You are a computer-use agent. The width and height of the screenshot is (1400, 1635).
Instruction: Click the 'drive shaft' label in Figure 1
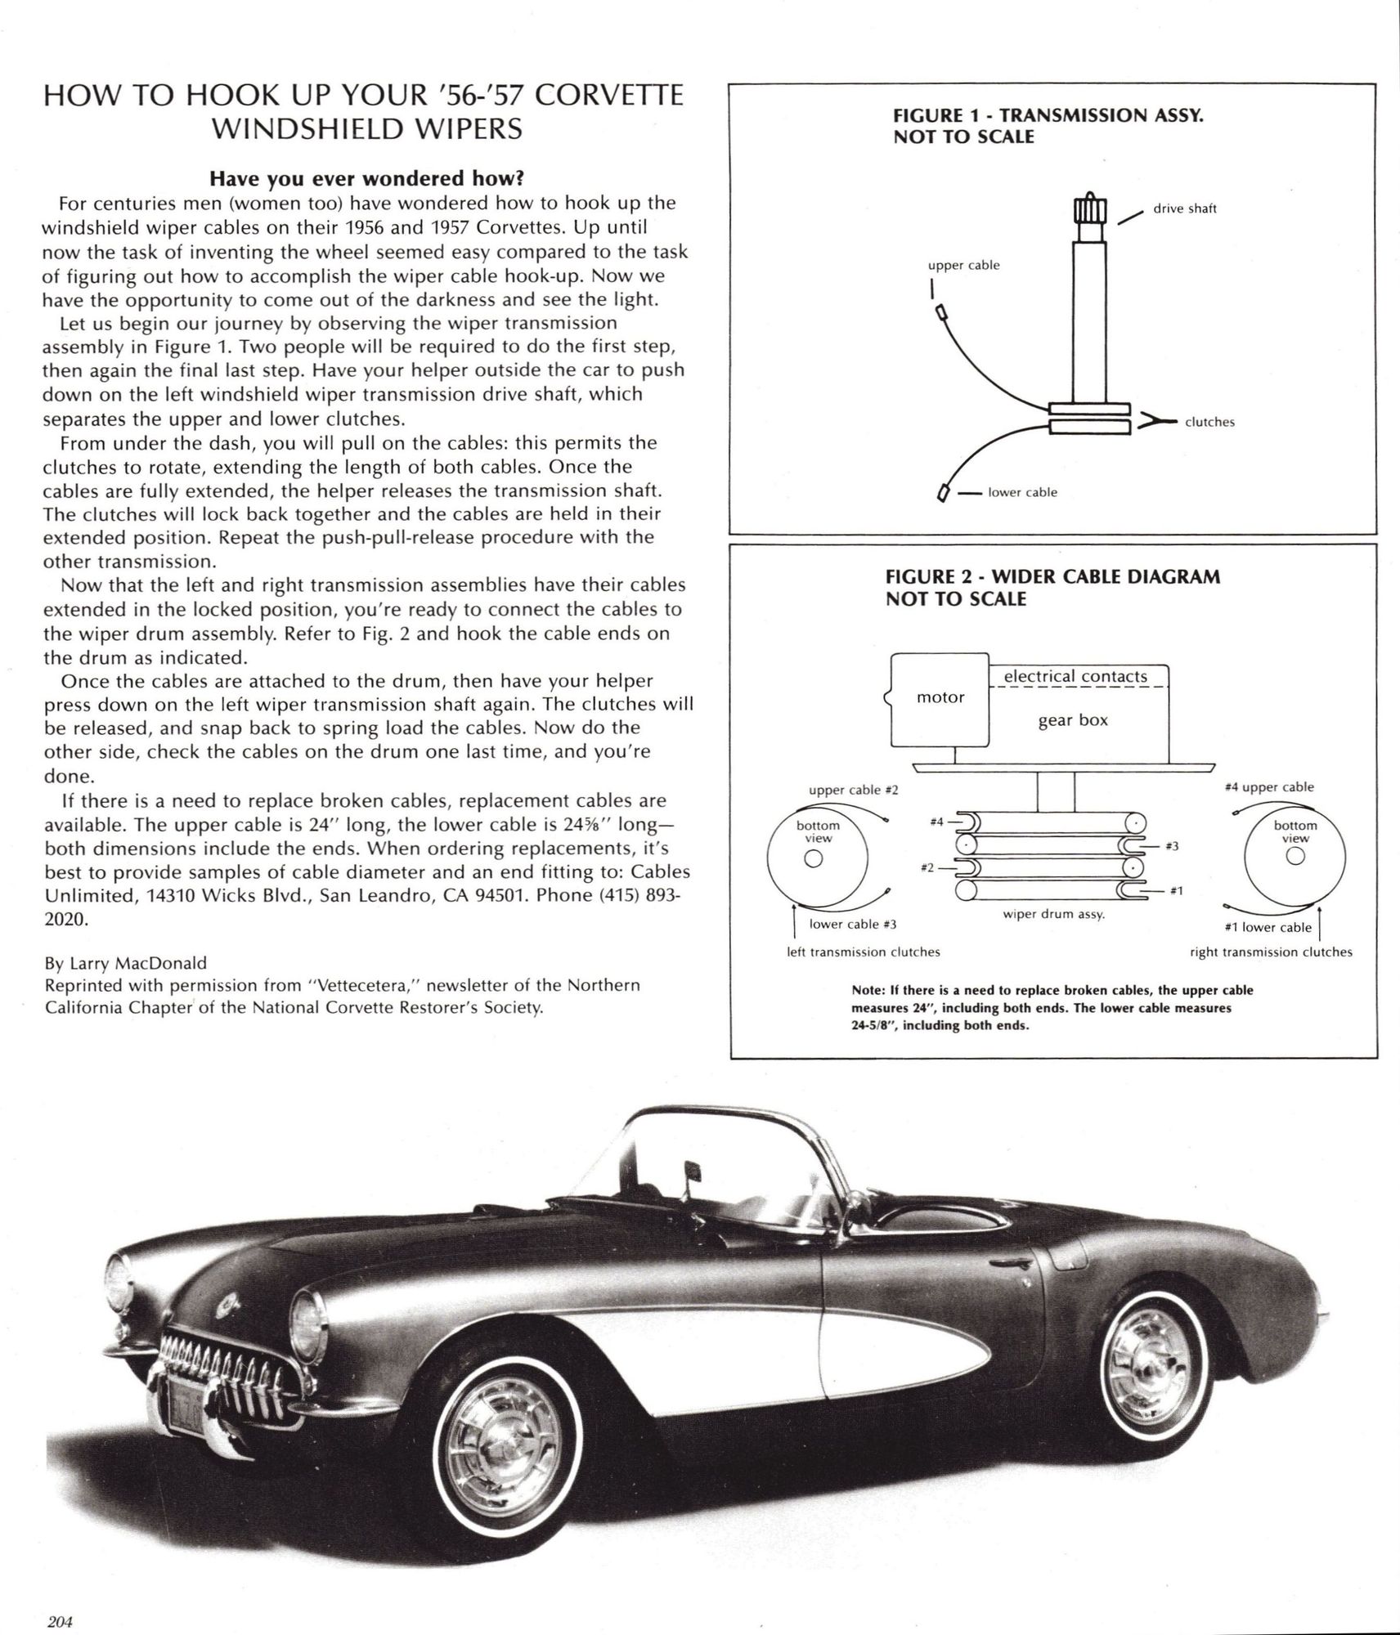(x=1184, y=208)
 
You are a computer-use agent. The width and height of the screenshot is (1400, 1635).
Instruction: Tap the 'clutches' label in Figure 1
(x=1209, y=422)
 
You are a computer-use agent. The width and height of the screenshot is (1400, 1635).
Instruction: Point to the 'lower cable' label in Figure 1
(x=1022, y=492)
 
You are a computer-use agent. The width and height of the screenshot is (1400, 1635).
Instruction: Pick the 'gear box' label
(x=1073, y=720)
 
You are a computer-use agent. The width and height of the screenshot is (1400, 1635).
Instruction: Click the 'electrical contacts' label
(x=1075, y=676)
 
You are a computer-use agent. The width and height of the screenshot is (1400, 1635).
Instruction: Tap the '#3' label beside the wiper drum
(x=1171, y=846)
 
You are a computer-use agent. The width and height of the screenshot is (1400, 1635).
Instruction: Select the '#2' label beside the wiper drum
(x=926, y=867)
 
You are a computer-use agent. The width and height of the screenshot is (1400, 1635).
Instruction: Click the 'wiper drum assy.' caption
(x=1053, y=914)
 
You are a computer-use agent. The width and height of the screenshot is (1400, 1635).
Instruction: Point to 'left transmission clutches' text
(x=863, y=952)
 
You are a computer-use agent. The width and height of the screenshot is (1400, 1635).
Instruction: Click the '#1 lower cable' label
(x=1268, y=927)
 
